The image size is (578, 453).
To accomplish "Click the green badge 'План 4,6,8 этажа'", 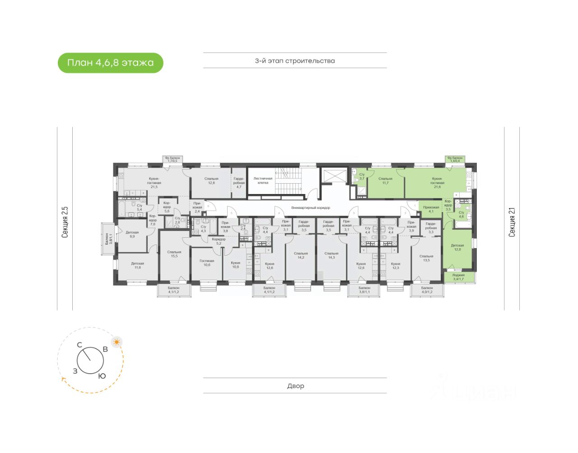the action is click(110, 63).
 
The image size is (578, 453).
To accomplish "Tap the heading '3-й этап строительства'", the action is click(294, 60).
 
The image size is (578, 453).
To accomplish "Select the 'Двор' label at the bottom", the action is click(295, 386).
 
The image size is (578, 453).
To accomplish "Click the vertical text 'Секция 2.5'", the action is click(65, 222).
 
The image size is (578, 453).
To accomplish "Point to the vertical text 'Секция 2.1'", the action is click(512, 222).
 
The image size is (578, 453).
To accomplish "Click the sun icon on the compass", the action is click(117, 342).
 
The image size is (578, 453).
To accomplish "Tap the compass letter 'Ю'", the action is click(103, 376).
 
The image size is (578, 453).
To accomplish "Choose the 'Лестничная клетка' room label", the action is click(263, 180).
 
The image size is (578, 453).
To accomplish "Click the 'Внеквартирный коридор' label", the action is click(311, 208).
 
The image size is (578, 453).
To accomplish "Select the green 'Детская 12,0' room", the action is click(457, 248).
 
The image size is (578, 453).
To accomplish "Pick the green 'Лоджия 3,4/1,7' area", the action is click(458, 277).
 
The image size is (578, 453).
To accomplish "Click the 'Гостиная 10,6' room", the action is click(207, 263).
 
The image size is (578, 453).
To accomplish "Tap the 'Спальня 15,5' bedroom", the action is click(174, 254).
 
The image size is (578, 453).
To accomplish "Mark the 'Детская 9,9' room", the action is click(132, 234).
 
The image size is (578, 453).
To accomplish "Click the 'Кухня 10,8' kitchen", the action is click(235, 264).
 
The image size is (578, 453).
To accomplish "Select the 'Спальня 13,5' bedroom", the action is click(426, 258).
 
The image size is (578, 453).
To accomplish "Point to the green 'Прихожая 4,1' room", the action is click(431, 209).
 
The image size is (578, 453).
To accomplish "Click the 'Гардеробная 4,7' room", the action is click(239, 182).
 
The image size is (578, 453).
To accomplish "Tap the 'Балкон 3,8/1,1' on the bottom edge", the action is click(364, 290).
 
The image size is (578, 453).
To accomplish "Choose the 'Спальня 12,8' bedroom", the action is click(211, 180).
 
